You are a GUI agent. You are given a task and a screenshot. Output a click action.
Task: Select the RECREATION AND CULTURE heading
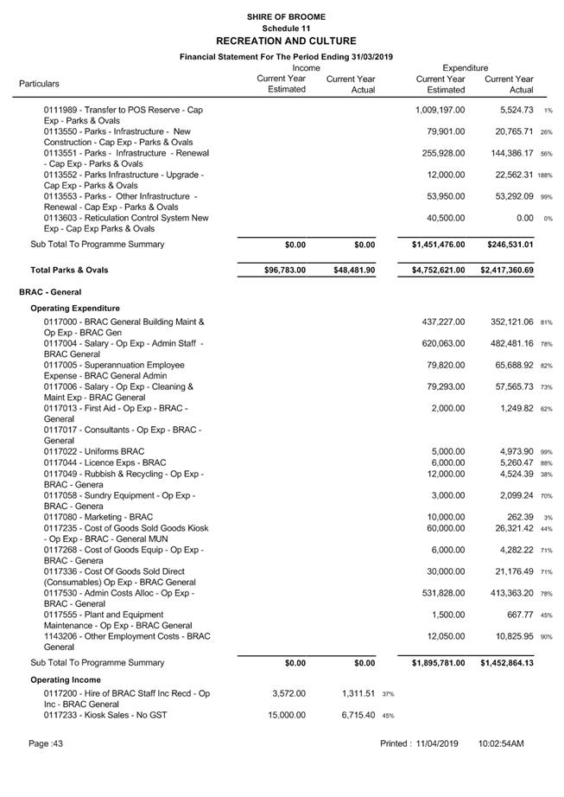tap(286, 41)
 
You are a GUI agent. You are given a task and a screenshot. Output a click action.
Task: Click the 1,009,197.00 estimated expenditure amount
tap(440, 111)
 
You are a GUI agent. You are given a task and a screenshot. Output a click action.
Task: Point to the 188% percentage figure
tap(544, 175)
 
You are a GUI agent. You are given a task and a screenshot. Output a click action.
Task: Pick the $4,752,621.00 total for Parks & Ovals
tap(438, 271)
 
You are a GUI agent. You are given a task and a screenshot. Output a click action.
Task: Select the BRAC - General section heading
tap(50, 292)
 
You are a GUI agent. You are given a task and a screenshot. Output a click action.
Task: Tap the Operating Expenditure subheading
tap(75, 308)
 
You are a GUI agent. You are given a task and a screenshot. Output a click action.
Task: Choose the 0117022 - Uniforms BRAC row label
tap(94, 451)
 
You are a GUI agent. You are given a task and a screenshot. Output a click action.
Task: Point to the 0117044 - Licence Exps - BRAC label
tap(105, 462)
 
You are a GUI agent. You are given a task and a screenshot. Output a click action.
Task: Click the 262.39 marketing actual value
tap(518, 517)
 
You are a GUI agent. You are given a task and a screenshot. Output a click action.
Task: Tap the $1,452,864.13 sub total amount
tap(507, 663)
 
